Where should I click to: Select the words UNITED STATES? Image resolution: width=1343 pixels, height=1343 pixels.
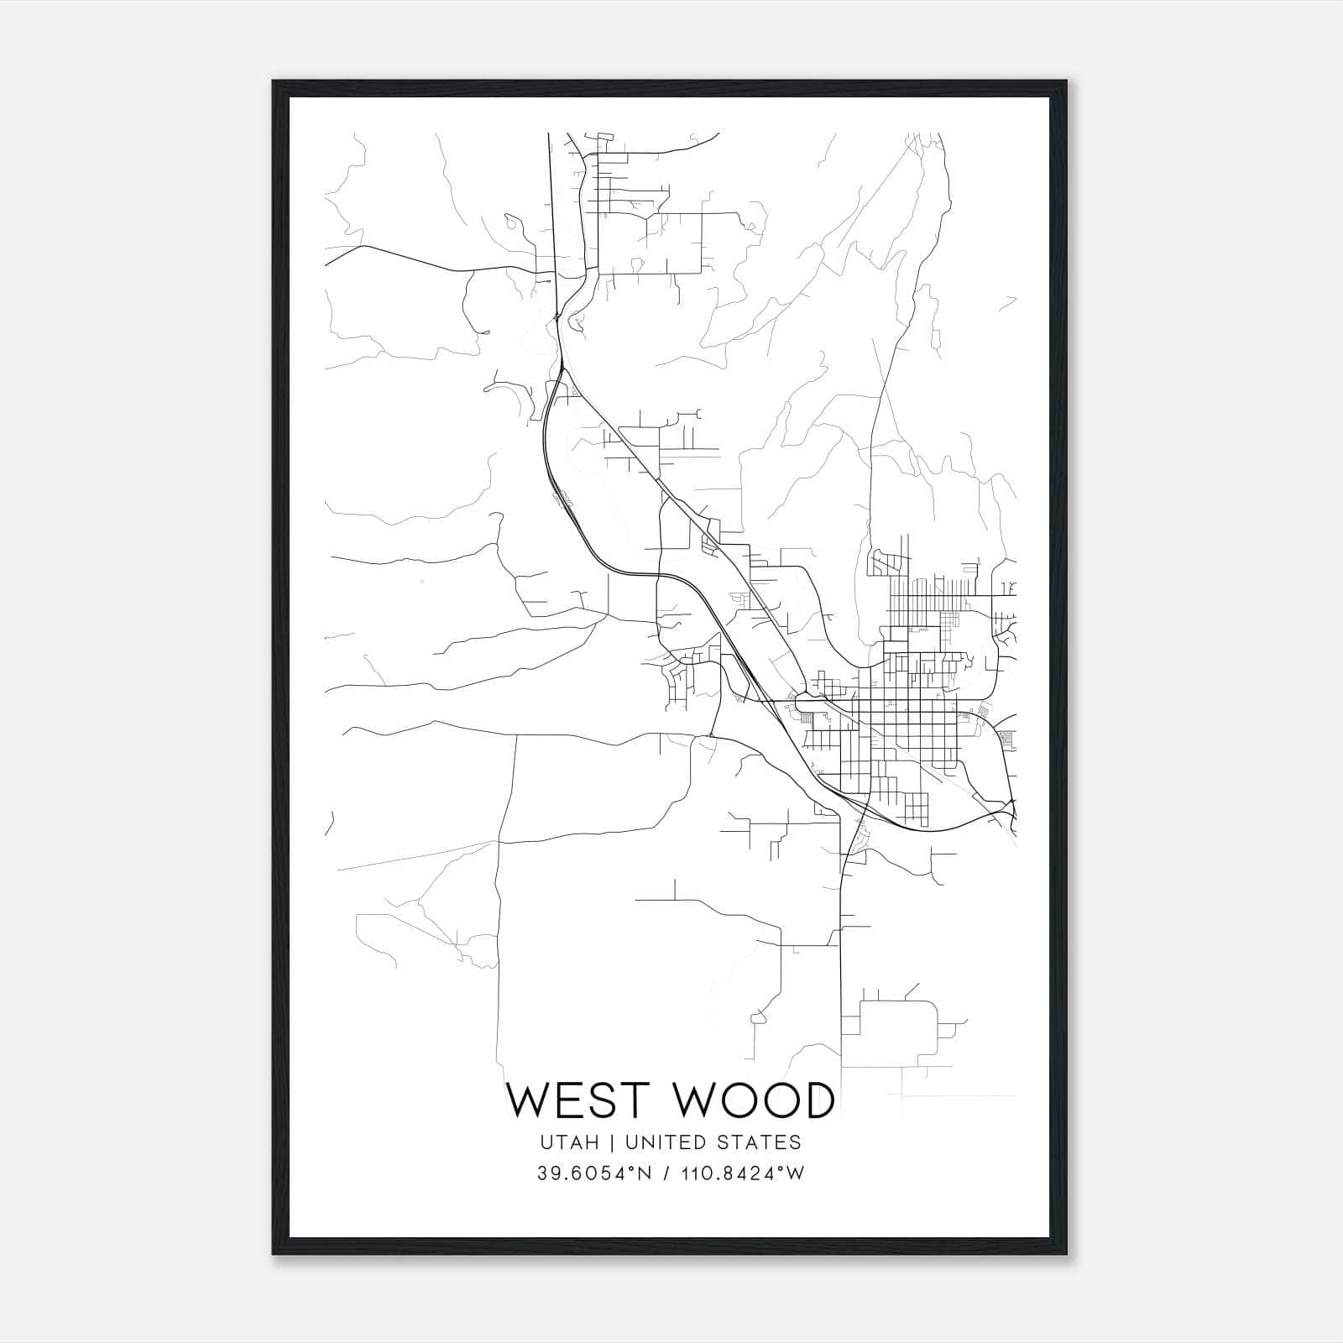pos(719,1142)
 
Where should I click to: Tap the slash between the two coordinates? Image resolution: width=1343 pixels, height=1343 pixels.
pos(666,1173)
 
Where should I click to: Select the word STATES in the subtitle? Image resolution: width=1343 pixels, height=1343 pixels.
pos(766,1142)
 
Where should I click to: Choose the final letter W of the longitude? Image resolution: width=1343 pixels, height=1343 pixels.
pos(797,1173)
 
